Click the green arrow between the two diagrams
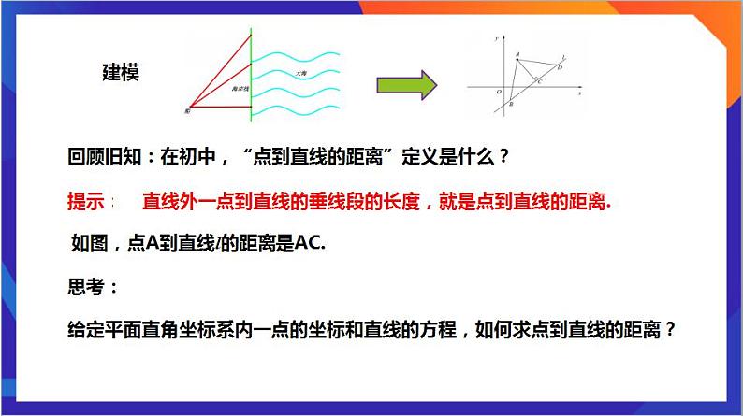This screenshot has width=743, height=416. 407,84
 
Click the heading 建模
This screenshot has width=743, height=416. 121,74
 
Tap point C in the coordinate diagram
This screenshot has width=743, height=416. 537,82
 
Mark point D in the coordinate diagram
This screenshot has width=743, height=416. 559,66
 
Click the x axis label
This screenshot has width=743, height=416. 580,93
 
